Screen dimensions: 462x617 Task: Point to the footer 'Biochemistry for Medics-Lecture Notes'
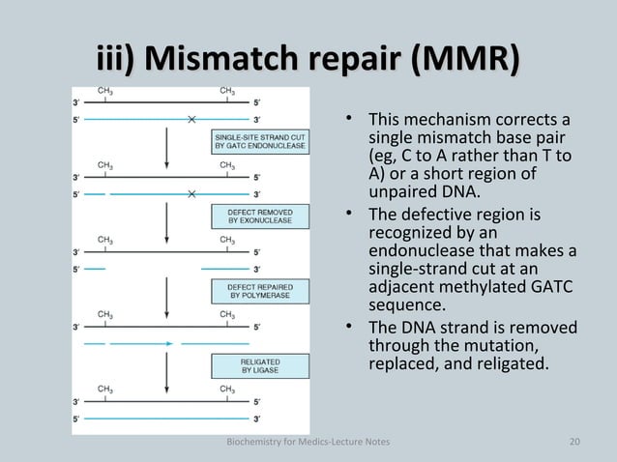pyautogui.click(x=307, y=442)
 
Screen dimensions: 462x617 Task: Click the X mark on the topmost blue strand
pyautogui.click(x=192, y=119)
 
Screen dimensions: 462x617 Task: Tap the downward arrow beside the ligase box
pyautogui.click(x=168, y=367)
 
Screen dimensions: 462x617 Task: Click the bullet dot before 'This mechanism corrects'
pyautogui.click(x=353, y=122)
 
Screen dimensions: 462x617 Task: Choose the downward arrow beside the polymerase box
pyautogui.click(x=168, y=293)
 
